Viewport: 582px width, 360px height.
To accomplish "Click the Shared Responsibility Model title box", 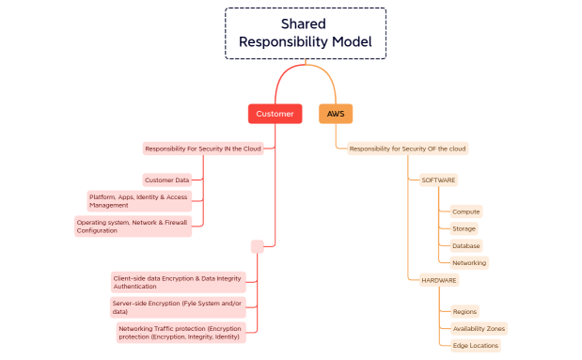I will [x=305, y=33].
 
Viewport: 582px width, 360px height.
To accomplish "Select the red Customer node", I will [x=275, y=114].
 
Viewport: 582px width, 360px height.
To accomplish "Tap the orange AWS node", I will [x=336, y=114].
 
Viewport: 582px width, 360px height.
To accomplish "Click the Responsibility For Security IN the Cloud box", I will [x=202, y=149].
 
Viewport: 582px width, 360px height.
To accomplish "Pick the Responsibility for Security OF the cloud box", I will [x=407, y=149].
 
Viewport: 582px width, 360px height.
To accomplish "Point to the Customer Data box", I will [x=167, y=180].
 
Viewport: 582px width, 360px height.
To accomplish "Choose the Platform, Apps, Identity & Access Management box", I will [x=139, y=200].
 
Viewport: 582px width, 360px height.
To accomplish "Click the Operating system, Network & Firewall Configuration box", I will [x=133, y=227].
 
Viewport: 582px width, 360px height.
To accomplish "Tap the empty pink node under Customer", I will [x=257, y=246].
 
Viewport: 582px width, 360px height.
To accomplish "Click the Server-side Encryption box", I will [x=177, y=306].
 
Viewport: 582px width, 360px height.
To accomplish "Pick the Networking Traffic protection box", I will [x=181, y=333].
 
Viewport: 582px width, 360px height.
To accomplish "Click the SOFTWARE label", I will [x=438, y=180].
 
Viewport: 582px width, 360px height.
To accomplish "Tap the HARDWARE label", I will [x=438, y=280].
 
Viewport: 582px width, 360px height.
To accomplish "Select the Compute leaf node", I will [x=465, y=211].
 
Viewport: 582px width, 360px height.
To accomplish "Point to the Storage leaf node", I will [x=464, y=228].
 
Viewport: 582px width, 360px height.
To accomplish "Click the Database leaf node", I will [x=465, y=245].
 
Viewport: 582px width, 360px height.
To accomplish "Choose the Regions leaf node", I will [x=464, y=311].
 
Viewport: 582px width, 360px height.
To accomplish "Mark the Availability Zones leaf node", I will [x=479, y=329].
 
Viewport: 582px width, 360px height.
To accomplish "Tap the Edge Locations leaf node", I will [x=475, y=346].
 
